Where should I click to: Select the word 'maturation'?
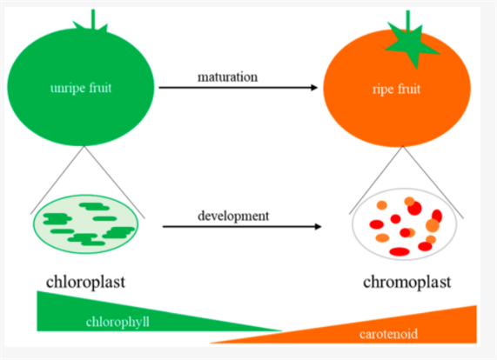(227, 77)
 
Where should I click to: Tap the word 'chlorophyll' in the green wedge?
(118, 322)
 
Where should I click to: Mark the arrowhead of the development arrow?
(315, 226)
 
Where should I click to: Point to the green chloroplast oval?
(86, 223)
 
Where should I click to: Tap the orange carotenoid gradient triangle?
(444, 326)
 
